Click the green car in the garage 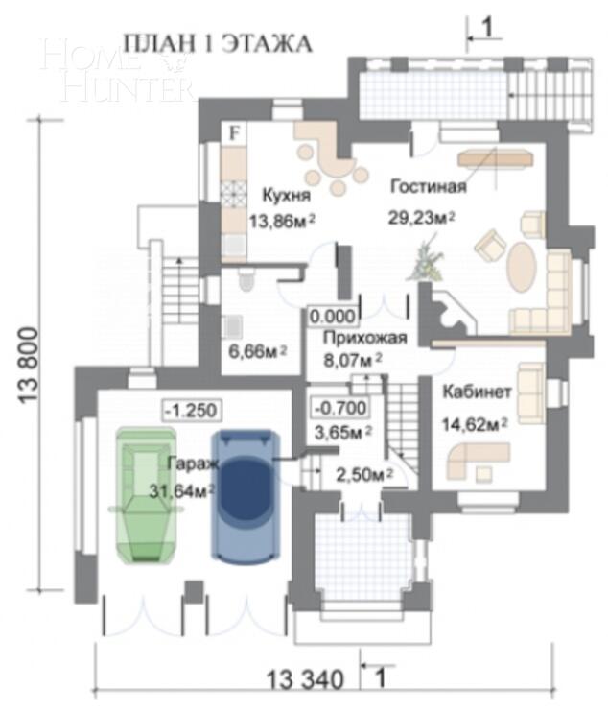[143, 494]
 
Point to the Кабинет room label [478, 393]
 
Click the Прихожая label [365, 338]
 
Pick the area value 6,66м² [254, 352]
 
